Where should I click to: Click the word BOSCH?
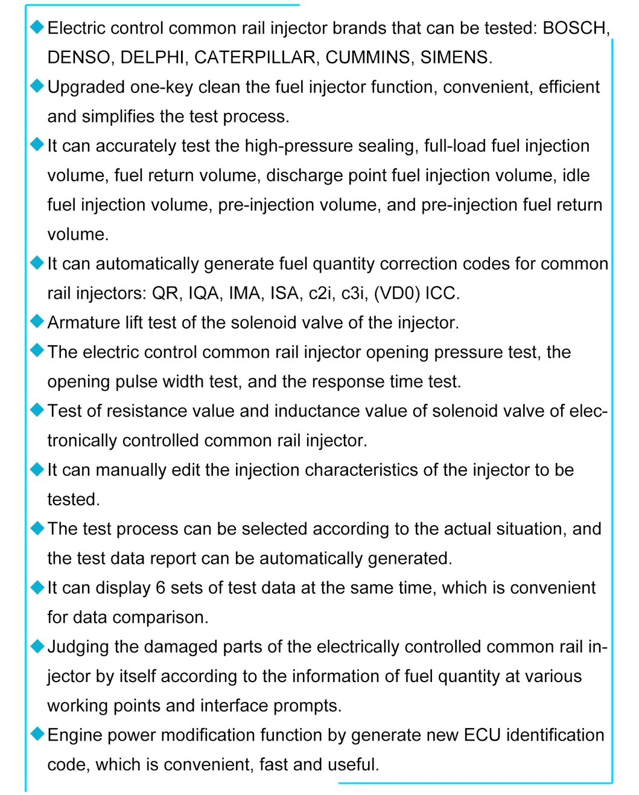tap(575, 28)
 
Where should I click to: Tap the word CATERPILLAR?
tap(255, 57)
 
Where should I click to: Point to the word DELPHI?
tap(152, 57)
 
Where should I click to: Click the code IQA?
tap(204, 293)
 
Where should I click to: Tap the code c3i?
tap(354, 293)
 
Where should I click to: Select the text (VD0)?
tap(396, 293)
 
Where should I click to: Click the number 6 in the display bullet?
tap(160, 588)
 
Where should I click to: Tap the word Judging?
tap(78, 647)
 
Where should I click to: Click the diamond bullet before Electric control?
tap(37, 27)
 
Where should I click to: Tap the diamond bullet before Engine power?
tap(37, 734)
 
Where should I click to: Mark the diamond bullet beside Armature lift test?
tap(37, 322)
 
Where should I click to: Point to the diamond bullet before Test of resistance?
tap(37, 410)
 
